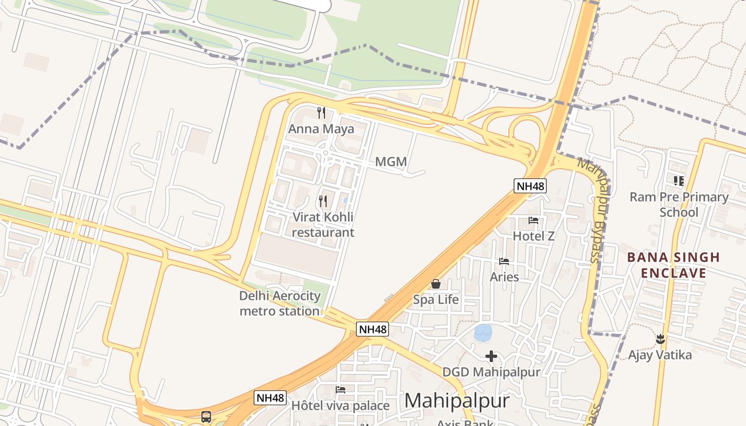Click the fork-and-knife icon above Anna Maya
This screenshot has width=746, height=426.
(321, 112)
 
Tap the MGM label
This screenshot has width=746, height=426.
(391, 162)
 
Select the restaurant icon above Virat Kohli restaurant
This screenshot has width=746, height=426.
(323, 201)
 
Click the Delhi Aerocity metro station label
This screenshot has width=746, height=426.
(280, 304)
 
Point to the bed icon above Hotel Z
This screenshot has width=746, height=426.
(533, 220)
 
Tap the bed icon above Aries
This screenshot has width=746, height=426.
(504, 261)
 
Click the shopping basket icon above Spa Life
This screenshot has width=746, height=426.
(436, 284)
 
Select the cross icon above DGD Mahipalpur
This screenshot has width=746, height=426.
(491, 356)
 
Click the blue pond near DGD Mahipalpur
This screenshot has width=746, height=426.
(483, 333)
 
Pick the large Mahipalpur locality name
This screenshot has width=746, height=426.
(457, 400)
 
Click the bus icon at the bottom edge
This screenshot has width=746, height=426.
(206, 417)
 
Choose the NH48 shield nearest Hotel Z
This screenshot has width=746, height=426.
(530, 186)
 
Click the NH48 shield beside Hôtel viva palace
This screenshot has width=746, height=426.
(270, 398)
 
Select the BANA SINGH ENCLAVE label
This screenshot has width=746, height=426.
(674, 265)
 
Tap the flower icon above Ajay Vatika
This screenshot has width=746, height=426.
(660, 339)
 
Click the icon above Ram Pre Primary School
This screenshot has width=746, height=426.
(678, 181)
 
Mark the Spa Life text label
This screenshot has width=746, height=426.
(436, 300)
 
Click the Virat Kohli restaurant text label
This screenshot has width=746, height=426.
(323, 225)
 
